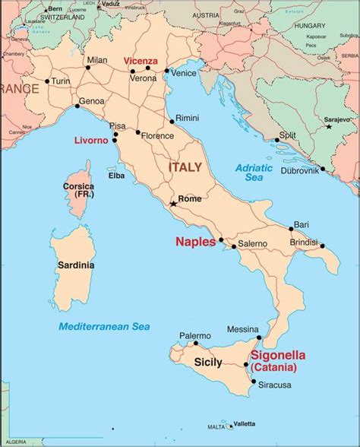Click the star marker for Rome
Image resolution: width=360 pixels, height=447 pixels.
tap(174, 203)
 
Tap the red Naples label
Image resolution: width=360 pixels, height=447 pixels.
tap(196, 242)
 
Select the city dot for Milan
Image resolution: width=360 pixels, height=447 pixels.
tap(87, 68)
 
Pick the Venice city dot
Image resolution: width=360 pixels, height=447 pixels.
tap(166, 71)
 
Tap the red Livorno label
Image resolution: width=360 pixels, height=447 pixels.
tap(92, 141)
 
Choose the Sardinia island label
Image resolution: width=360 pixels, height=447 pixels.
tap(76, 265)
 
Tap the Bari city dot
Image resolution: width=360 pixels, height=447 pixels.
tap(291, 229)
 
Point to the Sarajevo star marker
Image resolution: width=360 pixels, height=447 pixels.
tap(329, 127)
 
